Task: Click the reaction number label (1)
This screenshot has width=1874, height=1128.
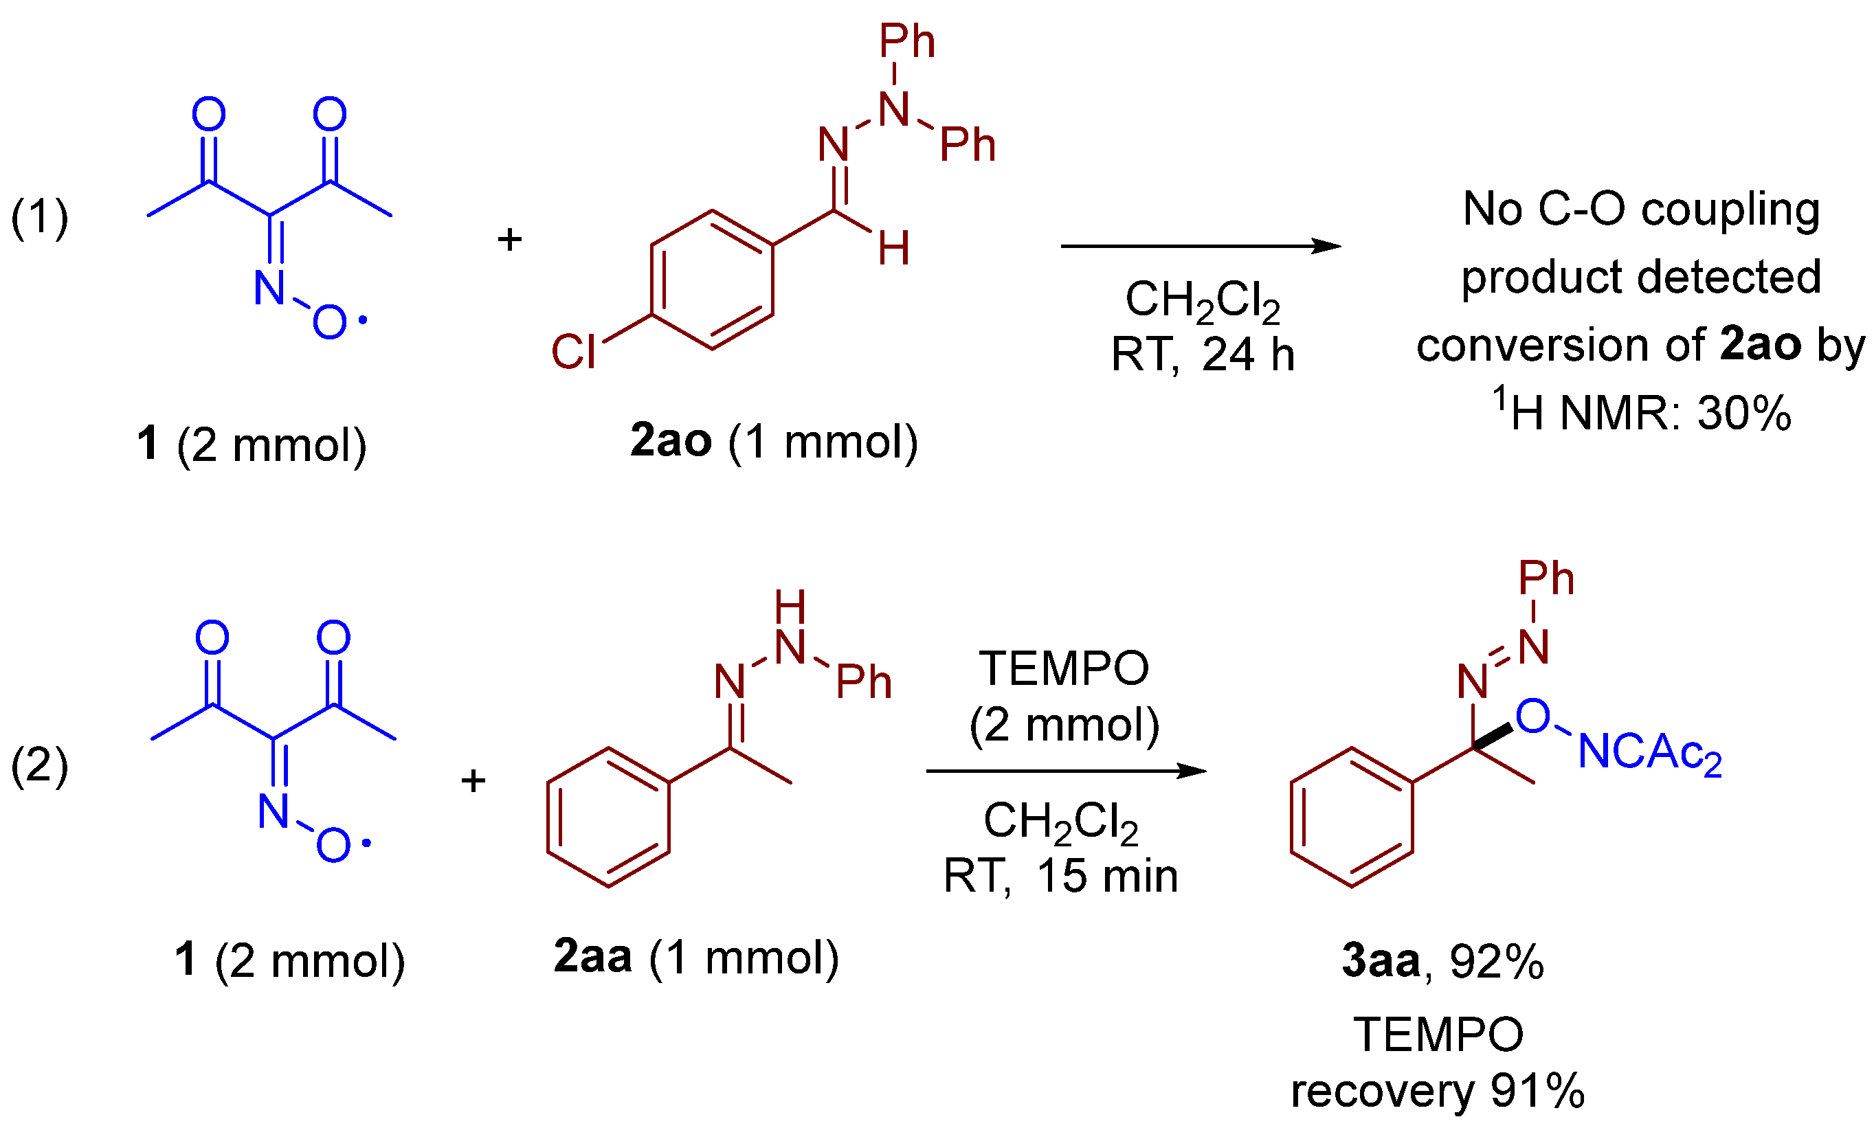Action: click(40, 218)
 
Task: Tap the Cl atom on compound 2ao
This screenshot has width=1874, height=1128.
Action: click(573, 352)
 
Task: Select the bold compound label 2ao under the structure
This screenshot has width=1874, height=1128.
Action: click(671, 441)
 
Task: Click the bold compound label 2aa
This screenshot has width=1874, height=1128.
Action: click(592, 957)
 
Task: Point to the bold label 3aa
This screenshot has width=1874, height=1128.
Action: click(1381, 961)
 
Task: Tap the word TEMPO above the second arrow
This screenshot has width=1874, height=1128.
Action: click(1064, 668)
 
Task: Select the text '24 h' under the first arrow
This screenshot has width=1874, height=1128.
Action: click(1249, 355)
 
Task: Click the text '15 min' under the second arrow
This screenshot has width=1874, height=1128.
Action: click(1107, 876)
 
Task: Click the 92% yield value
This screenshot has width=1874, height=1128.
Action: click(1497, 962)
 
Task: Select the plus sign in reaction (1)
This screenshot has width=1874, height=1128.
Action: click(509, 240)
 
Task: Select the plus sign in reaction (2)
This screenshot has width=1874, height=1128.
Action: click(473, 780)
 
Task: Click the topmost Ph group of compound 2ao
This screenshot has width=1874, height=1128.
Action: click(906, 41)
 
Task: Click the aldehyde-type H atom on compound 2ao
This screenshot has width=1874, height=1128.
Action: click(893, 249)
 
